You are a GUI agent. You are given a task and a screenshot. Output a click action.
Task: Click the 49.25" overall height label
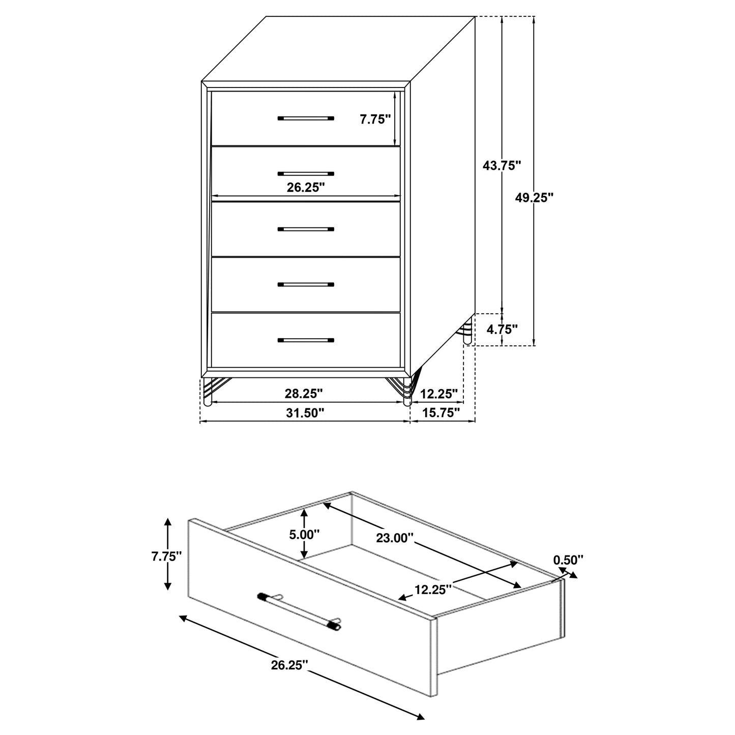click(x=534, y=198)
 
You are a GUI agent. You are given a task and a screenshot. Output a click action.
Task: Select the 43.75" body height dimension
click(x=502, y=165)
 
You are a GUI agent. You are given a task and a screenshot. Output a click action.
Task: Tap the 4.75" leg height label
click(x=502, y=329)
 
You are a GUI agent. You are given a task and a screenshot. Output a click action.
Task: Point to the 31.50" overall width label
click(x=305, y=413)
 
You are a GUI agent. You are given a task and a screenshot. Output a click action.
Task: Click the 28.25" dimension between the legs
click(x=304, y=393)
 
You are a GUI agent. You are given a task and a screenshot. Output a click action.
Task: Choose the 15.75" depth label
click(x=442, y=413)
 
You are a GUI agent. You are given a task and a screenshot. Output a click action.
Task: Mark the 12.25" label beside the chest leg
click(x=440, y=393)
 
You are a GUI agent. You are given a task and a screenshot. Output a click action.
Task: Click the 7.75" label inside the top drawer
click(x=375, y=120)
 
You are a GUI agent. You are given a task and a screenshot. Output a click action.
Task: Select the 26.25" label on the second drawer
click(x=306, y=187)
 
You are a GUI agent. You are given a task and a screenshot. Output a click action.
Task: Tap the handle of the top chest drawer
click(x=306, y=118)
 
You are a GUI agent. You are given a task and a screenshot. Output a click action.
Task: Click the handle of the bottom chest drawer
click(x=306, y=340)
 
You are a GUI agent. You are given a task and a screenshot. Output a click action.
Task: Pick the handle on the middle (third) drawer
click(x=306, y=229)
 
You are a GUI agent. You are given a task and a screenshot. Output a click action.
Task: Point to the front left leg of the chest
click(x=207, y=391)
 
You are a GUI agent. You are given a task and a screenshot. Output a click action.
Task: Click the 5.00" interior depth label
click(x=305, y=535)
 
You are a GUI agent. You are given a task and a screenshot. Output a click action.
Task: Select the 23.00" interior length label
click(x=395, y=538)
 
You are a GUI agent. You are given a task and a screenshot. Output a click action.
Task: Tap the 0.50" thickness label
click(x=568, y=560)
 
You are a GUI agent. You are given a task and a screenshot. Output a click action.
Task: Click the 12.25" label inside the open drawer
click(x=433, y=590)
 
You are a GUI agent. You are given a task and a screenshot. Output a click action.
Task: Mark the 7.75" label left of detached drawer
click(x=167, y=556)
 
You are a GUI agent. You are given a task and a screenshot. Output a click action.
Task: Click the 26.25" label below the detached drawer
click(x=290, y=665)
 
